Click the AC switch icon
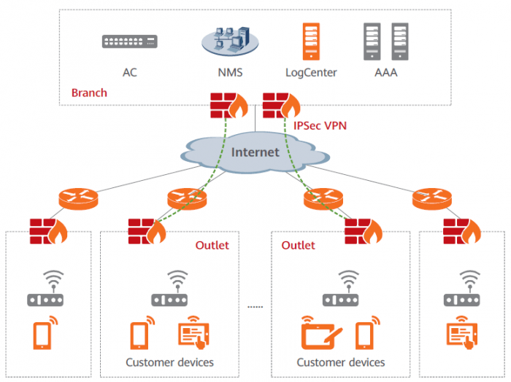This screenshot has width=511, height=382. click(x=131, y=42)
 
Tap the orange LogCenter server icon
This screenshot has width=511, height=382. click(x=310, y=41)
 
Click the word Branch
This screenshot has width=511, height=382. click(x=89, y=93)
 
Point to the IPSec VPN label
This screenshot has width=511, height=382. click(x=319, y=125)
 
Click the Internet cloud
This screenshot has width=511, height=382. click(x=255, y=152)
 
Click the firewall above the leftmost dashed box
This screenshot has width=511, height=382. click(x=48, y=230)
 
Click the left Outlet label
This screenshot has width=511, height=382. click(x=212, y=245)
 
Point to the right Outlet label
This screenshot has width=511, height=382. click(x=298, y=245)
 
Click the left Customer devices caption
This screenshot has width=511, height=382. click(x=169, y=362)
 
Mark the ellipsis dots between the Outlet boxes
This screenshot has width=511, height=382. click(x=254, y=307)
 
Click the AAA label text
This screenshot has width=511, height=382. click(x=385, y=73)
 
